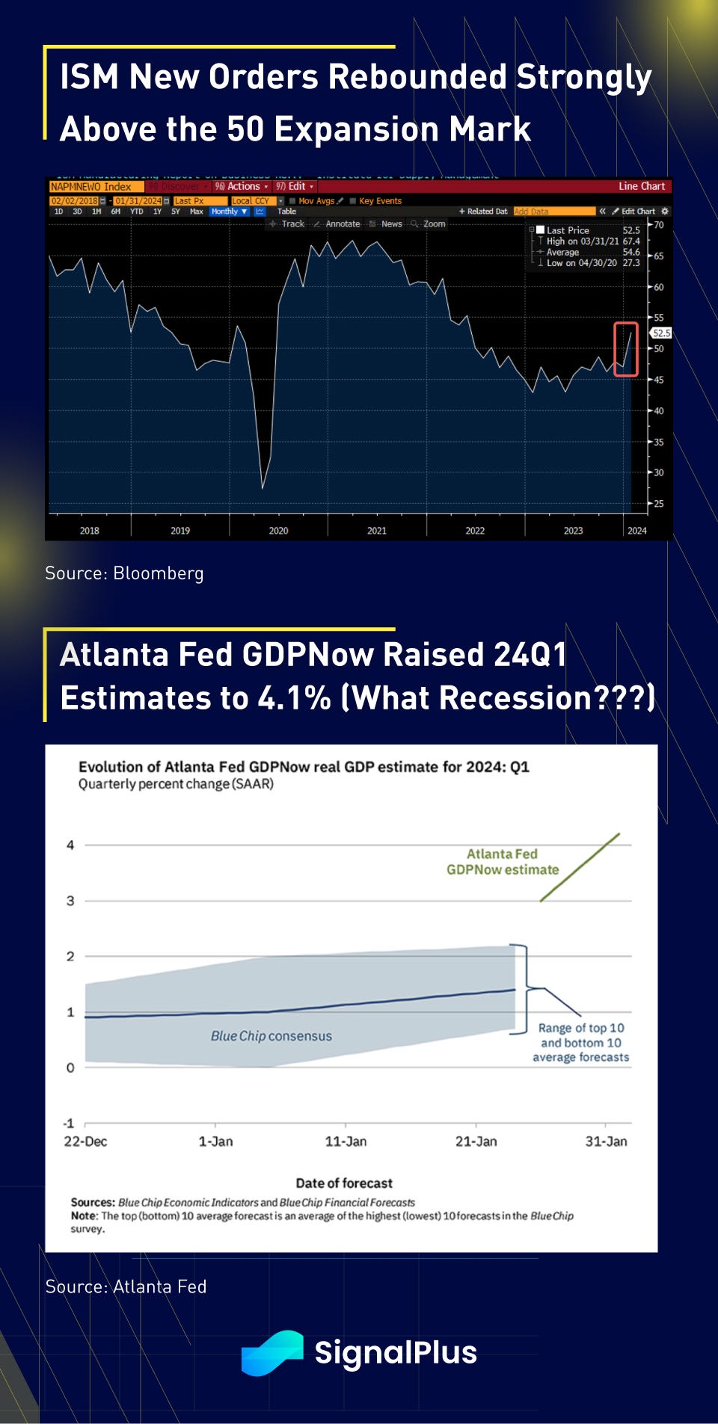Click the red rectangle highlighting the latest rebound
[626, 349]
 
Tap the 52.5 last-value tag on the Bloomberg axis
[661, 333]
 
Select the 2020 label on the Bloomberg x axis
[278, 531]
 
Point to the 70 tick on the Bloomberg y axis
[659, 225]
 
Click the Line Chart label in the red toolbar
[641, 186]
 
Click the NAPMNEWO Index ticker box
[91, 187]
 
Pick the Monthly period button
[227, 212]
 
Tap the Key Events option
[379, 201]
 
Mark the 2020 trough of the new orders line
[263, 488]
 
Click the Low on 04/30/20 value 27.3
[631, 263]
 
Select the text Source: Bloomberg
[124, 573]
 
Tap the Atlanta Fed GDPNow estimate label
[503, 862]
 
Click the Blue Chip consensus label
[271, 1036]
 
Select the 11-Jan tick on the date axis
[346, 1141]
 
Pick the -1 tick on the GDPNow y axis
[70, 1124]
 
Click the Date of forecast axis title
[344, 1183]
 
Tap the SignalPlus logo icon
[271, 1352]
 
